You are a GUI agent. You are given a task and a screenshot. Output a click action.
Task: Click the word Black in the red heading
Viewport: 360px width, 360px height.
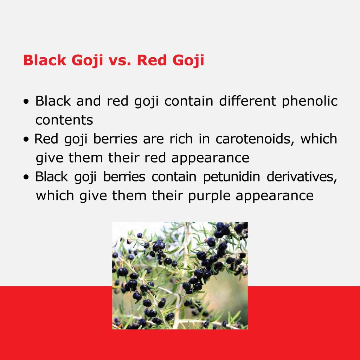point(45,60)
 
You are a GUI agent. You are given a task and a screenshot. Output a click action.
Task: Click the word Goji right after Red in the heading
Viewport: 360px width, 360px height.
point(188,61)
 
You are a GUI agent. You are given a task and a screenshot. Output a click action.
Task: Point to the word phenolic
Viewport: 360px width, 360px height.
point(310,102)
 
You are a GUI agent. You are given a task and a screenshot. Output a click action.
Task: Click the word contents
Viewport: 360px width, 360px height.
point(64,120)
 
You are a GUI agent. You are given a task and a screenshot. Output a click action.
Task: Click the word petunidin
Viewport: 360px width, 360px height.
point(232,177)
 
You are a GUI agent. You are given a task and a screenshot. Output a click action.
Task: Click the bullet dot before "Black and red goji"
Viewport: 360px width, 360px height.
point(26,101)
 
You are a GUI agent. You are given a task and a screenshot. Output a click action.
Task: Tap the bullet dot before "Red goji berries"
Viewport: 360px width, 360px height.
point(26,139)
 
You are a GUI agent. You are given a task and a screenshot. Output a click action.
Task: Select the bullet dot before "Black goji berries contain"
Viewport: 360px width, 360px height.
point(26,177)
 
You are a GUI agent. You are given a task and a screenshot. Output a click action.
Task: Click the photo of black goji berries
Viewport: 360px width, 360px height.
point(180,275)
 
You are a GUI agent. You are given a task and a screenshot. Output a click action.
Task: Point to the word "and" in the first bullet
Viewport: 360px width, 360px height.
point(89,101)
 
